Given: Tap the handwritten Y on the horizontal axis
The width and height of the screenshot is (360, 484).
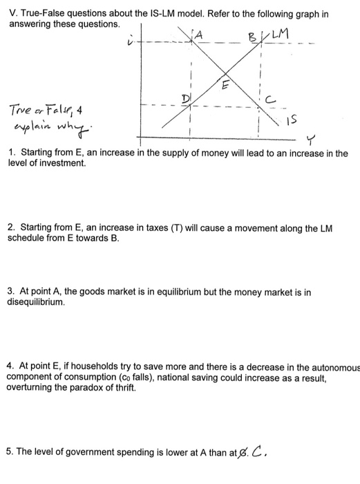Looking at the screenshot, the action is click(x=309, y=140).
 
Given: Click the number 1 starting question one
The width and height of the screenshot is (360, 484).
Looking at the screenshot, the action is click(x=12, y=152).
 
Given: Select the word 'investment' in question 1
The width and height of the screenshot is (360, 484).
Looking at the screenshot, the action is click(x=62, y=164).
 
